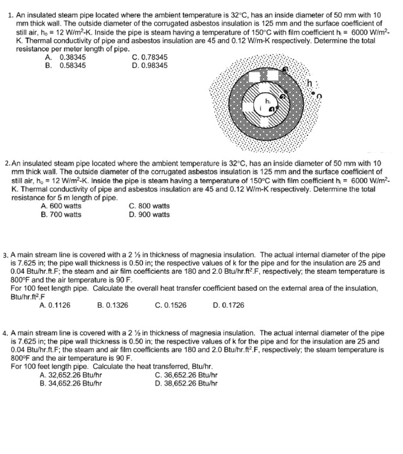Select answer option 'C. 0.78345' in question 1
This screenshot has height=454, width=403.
pos(150,57)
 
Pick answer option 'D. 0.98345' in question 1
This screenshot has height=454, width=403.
pos(150,66)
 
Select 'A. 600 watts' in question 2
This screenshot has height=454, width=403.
pos(61,206)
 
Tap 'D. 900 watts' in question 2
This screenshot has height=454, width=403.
pos(149,214)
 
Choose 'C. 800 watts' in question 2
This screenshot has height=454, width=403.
pos(149,206)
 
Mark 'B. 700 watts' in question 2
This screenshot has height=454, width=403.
pos(61,214)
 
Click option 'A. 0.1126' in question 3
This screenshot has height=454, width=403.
pos(56,305)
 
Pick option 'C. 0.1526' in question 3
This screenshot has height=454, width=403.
pos(171,305)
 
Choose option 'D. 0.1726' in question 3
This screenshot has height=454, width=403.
pos(229,305)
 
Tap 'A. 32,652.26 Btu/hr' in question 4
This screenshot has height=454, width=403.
pos(71,375)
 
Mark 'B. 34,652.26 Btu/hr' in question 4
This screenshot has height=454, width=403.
pos(71,383)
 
